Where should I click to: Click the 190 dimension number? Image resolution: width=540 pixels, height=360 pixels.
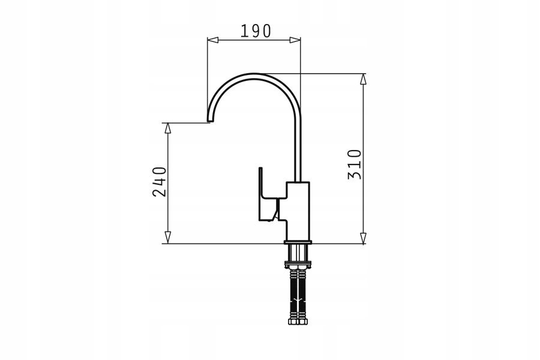(x=256, y=31)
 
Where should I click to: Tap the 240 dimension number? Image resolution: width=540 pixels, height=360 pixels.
(x=160, y=182)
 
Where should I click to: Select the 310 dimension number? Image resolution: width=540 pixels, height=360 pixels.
(x=355, y=164)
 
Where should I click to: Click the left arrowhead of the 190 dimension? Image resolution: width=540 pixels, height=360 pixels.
(x=213, y=40)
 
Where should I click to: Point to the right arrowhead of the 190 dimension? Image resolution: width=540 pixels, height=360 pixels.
(x=295, y=40)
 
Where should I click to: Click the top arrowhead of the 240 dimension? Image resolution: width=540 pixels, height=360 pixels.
(x=168, y=128)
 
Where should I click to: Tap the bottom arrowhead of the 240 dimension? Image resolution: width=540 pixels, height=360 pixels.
(x=168, y=238)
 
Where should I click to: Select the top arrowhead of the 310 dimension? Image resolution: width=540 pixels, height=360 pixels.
(x=363, y=79)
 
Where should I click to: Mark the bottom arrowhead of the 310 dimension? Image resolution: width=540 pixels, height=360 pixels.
(x=363, y=238)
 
